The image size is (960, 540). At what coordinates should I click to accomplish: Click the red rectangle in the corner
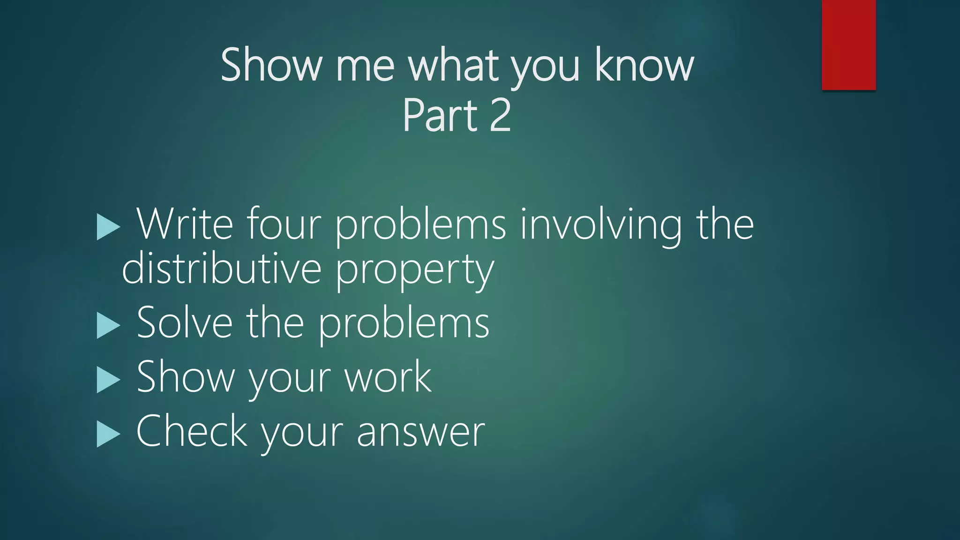click(848, 45)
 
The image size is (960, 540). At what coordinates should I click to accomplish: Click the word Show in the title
click(271, 65)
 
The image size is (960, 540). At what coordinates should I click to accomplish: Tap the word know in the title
click(644, 65)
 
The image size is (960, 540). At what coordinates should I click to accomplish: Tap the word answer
click(420, 432)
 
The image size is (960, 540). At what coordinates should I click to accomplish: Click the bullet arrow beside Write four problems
click(108, 227)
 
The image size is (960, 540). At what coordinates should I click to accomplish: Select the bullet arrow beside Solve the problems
click(108, 325)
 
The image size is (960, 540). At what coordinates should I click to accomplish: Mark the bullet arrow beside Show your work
click(108, 379)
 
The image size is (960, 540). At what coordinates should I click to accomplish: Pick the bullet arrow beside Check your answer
click(108, 434)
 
